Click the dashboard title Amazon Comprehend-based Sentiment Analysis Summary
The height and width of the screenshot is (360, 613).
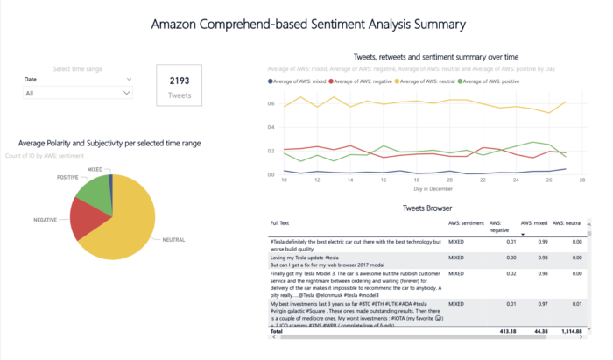[307, 24]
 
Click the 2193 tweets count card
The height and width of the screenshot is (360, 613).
[180, 85]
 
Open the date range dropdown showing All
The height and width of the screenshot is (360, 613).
[79, 92]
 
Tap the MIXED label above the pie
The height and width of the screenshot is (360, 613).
[95, 168]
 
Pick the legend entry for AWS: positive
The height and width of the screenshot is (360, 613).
[490, 81]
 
